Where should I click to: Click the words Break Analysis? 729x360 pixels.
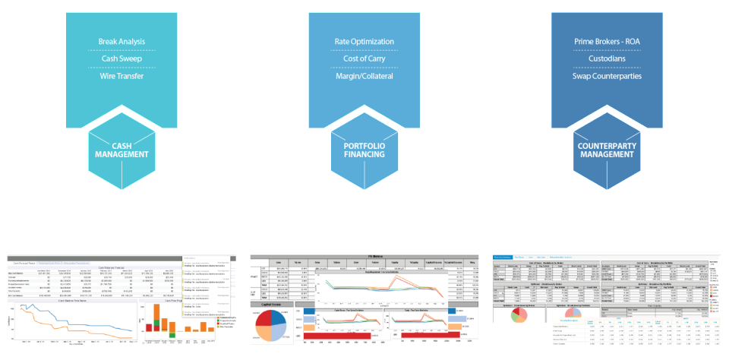click(x=121, y=41)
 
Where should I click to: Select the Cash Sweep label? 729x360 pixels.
click(x=121, y=58)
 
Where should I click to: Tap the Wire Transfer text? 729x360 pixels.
click(x=121, y=76)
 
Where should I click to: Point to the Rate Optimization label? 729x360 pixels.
click(x=364, y=41)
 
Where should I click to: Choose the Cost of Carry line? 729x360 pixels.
click(x=364, y=58)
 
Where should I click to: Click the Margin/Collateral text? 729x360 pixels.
click(x=364, y=76)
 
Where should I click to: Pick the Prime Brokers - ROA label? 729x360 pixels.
click(x=607, y=41)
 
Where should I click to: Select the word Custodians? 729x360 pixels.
click(x=607, y=58)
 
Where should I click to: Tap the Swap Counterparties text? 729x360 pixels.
click(x=607, y=76)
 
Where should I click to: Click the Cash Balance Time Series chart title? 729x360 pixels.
click(x=73, y=301)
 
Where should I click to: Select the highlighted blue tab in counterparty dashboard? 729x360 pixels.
click(x=503, y=257)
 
